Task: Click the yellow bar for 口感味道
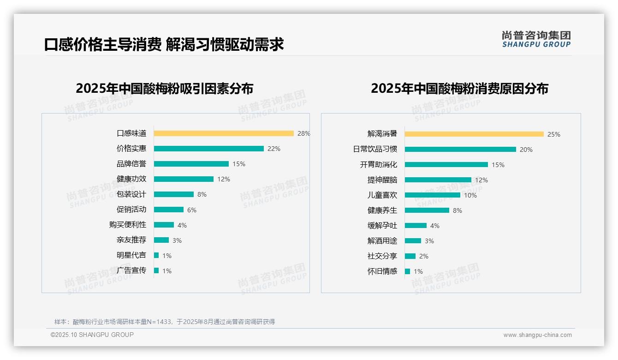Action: point(224,133)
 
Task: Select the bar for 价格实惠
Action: point(208,149)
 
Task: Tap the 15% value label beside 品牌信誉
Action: point(239,164)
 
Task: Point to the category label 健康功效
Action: point(131,179)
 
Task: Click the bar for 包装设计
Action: point(174,194)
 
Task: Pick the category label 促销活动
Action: point(131,210)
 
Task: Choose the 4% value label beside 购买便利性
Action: point(182,225)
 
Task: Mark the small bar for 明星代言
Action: point(156,255)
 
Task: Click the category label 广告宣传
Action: point(131,270)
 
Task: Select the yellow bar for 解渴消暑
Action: point(474,134)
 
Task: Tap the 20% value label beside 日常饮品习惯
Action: point(526,150)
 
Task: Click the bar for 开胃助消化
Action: point(446,164)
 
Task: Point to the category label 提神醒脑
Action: point(382,180)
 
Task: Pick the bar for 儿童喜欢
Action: point(432,195)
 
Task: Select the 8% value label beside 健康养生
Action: point(458,210)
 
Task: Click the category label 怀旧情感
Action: point(382,271)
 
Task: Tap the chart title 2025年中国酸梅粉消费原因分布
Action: point(459,89)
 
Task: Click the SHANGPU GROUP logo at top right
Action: point(536,39)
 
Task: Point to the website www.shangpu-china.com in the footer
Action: point(537,335)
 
